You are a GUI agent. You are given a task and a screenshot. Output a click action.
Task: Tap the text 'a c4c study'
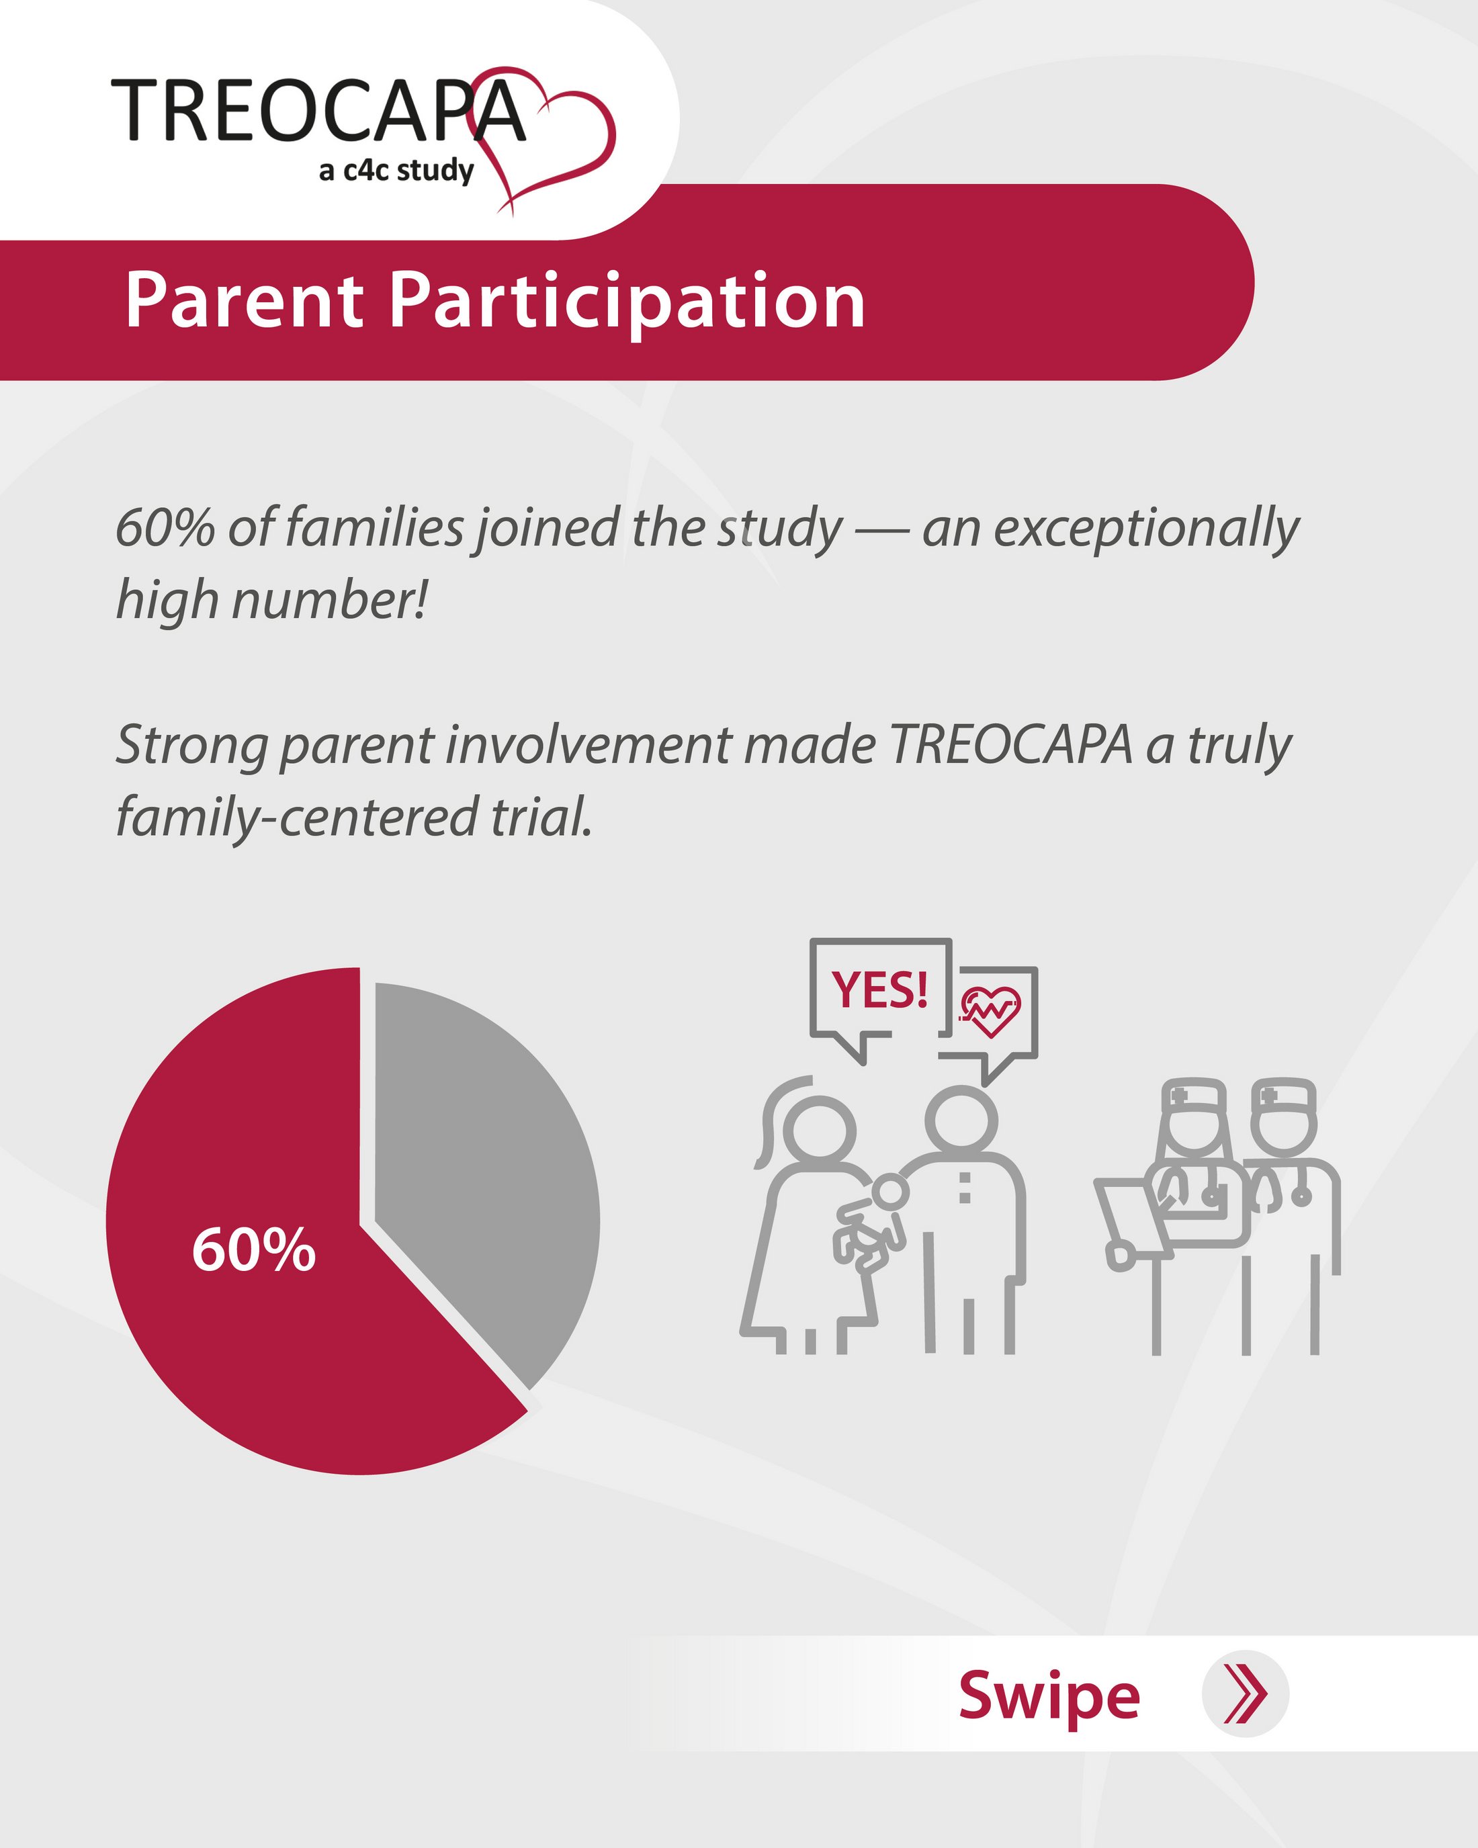[396, 170]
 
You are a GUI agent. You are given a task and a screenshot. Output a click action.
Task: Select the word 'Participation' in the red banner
[627, 302]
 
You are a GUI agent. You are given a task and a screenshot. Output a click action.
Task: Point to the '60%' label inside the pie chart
[254, 1249]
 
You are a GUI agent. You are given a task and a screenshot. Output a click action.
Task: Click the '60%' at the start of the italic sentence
[165, 527]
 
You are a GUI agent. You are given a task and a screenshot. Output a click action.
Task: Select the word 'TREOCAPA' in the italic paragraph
[1012, 745]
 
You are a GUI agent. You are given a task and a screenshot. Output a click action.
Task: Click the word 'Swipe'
[1049, 1696]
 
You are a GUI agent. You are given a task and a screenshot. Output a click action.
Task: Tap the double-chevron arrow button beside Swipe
[1245, 1693]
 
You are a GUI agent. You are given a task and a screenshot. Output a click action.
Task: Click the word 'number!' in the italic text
[330, 600]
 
